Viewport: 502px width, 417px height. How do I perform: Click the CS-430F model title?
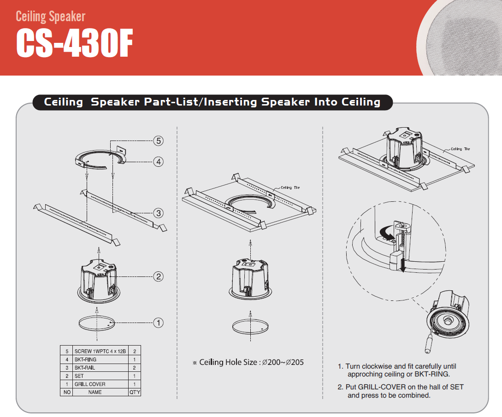[75, 43]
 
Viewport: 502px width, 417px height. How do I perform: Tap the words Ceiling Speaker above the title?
[51, 16]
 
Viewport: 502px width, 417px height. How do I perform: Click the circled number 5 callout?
[158, 141]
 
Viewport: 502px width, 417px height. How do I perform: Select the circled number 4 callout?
[158, 162]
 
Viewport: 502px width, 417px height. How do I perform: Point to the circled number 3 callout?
[158, 213]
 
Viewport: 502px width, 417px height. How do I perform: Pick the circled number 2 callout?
[158, 276]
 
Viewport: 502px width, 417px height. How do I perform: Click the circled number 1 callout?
[158, 323]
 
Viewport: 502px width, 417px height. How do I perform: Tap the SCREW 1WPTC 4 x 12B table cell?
[100, 352]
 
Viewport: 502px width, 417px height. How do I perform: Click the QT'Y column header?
[135, 392]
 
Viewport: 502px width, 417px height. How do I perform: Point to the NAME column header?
[95, 392]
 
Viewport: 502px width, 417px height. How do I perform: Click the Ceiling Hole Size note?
[248, 362]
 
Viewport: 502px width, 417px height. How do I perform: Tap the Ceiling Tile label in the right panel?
[461, 149]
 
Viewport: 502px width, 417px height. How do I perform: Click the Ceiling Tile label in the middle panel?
[290, 188]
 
